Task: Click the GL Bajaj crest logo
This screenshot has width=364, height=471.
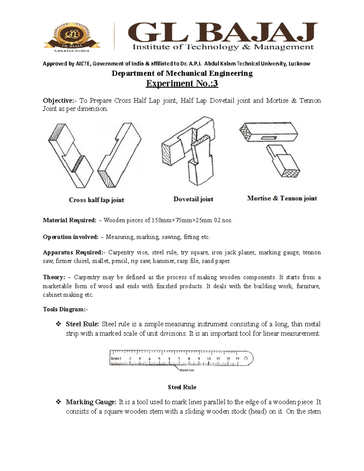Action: (72, 36)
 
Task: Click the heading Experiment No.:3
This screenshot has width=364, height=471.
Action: (182, 83)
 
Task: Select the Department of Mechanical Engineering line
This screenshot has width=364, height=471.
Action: (182, 73)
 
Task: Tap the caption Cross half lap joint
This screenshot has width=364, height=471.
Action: (96, 200)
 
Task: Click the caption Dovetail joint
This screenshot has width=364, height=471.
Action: (193, 199)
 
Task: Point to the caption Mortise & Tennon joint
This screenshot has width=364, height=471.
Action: (282, 198)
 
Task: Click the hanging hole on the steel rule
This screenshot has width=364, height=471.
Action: (246, 358)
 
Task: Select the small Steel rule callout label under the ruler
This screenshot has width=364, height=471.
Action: (187, 370)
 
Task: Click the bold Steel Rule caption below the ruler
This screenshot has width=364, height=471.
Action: (182, 387)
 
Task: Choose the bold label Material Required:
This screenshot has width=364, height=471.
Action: (69, 220)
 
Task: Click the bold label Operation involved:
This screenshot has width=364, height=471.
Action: (71, 237)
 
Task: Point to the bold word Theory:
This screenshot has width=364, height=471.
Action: (54, 277)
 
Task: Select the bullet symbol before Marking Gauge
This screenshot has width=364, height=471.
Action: (59, 402)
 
